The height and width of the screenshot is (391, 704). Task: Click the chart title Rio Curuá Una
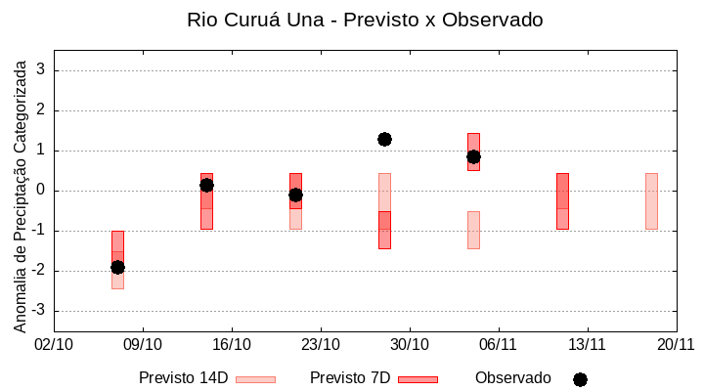365,20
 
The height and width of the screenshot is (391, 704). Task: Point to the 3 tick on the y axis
42,70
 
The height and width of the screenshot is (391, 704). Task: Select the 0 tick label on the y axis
42,191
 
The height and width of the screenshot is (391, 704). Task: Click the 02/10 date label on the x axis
54,344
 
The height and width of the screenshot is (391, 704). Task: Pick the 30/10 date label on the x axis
410,344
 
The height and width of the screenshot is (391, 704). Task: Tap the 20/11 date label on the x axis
676,344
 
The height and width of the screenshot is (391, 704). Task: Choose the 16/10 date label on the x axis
232,344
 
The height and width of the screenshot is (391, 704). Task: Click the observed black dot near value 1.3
384,139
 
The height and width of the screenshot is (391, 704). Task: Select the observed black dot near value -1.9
117,267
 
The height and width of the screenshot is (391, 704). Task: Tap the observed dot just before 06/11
473,156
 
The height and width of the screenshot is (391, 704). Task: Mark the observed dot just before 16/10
206,185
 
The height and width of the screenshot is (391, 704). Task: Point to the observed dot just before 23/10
295,195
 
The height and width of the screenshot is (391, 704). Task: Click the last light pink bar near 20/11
651,200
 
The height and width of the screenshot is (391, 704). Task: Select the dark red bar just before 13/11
562,200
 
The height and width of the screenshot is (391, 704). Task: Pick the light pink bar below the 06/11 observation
473,230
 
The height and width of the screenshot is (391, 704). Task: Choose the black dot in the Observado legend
580,379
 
